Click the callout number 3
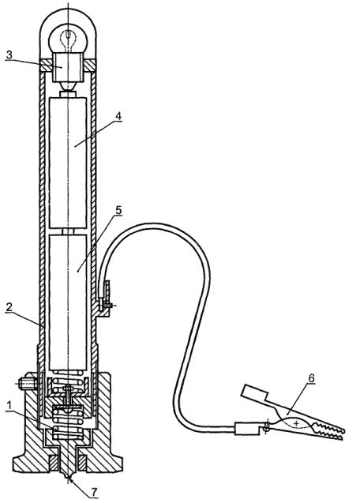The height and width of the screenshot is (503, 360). coord(9,54)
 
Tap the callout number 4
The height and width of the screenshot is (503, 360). coord(118,116)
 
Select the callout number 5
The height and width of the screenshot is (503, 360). coord(118,210)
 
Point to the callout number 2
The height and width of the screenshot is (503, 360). coord(9,306)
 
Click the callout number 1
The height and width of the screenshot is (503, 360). coord(9,405)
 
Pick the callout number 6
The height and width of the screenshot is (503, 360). coord(311,378)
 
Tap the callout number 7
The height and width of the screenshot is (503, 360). coord(94,492)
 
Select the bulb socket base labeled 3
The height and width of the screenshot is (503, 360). coord(68,68)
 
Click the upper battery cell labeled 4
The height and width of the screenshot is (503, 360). coord(68,163)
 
